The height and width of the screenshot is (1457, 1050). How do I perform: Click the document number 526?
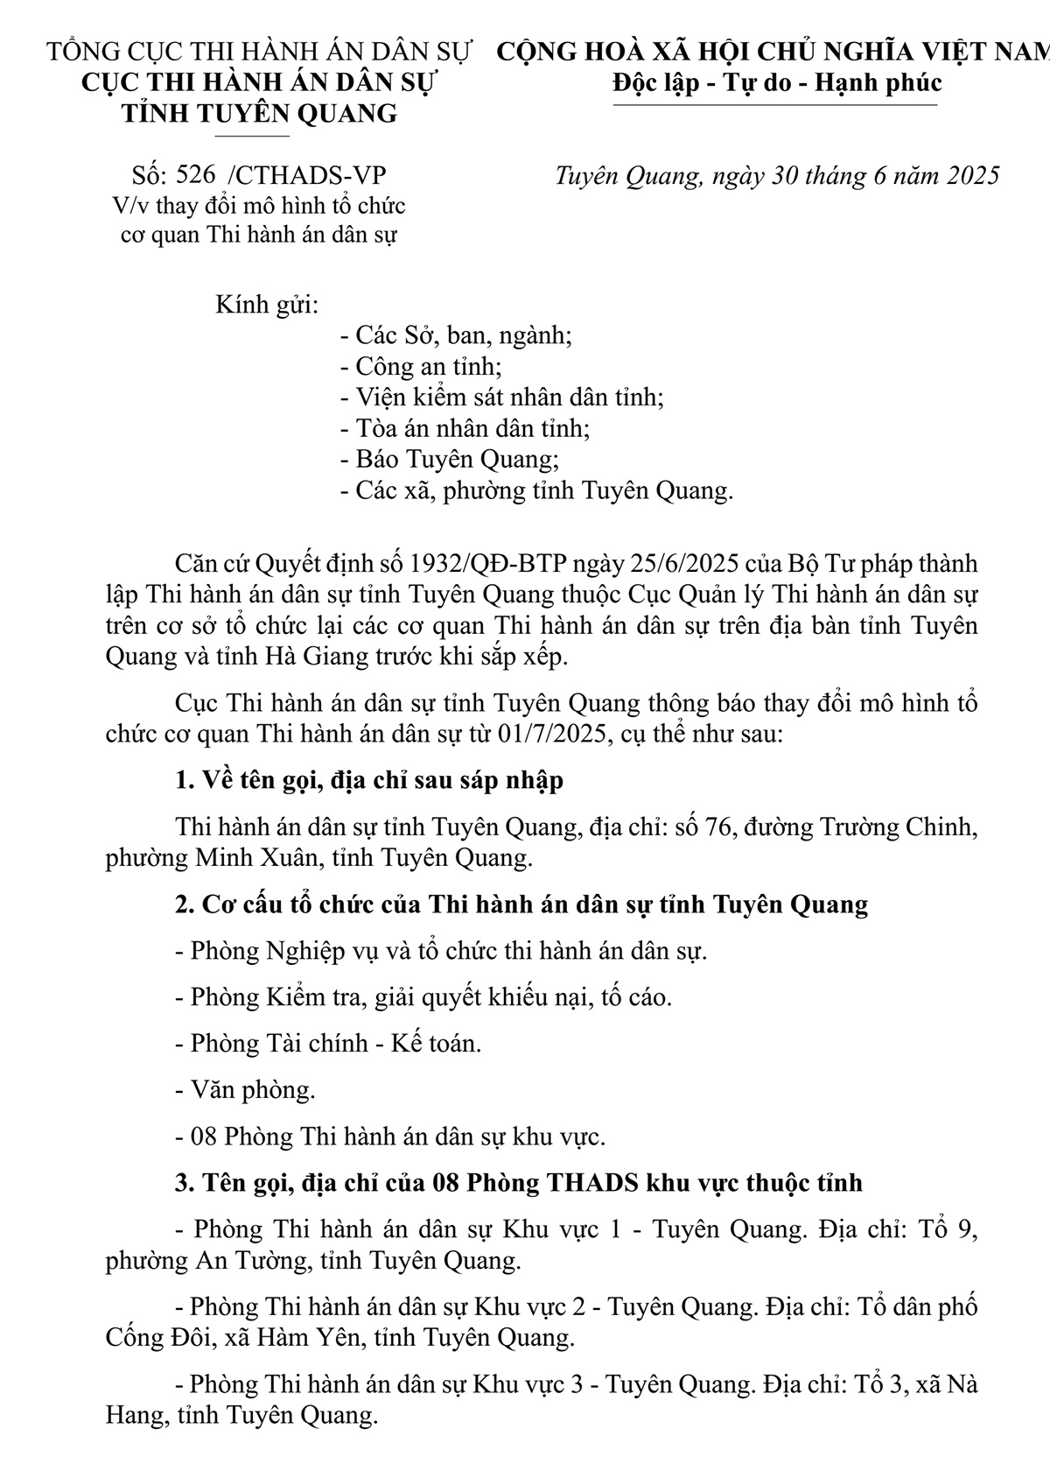(195, 175)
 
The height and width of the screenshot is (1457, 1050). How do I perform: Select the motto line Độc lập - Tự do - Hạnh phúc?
(777, 83)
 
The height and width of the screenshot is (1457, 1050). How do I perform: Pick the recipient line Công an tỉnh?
(420, 367)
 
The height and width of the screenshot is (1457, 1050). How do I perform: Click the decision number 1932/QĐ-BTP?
(517, 563)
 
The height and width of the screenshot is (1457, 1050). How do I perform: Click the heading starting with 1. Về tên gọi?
(369, 780)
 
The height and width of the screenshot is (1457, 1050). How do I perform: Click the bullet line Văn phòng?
(246, 1090)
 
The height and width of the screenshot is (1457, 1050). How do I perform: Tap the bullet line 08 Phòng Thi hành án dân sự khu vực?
(391, 1137)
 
